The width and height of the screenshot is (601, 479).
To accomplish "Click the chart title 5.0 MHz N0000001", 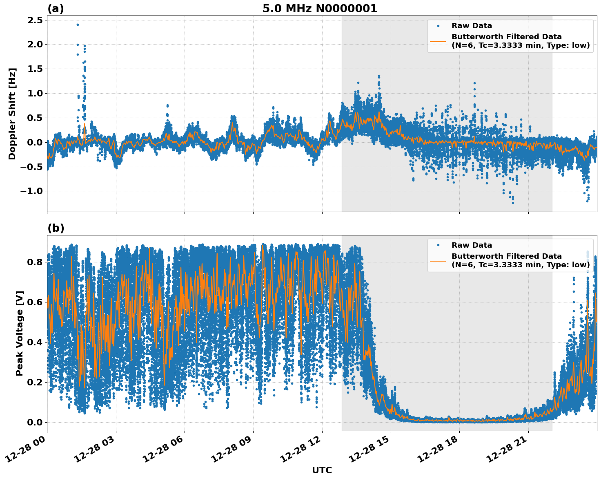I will point(320,9).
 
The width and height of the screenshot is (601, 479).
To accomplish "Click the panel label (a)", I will point(56,9).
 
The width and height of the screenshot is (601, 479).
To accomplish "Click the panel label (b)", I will point(56,228).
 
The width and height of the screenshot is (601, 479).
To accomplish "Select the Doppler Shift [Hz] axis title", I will point(12,114).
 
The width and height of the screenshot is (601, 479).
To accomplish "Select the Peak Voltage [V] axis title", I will point(20,333).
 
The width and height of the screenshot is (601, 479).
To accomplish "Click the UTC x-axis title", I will point(322,470).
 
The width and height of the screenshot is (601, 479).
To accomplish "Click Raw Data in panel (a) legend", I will point(472,26).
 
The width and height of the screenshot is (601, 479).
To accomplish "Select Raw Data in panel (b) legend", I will point(472,245).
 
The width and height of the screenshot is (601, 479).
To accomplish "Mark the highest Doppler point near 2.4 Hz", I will point(78,25).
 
